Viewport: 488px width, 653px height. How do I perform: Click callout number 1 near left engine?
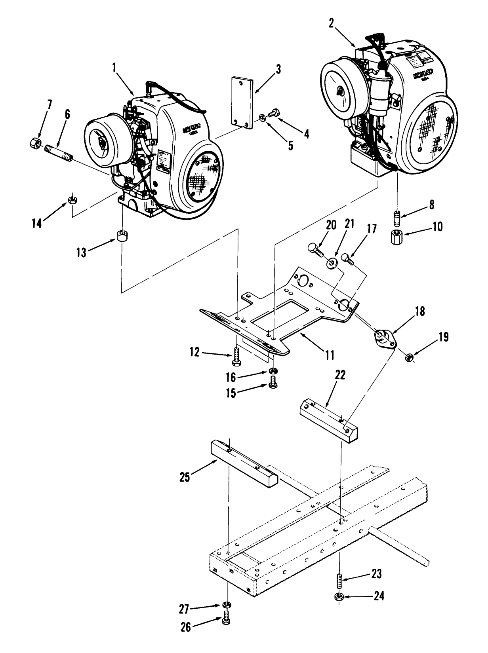114,68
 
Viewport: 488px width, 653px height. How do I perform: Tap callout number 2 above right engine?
331,23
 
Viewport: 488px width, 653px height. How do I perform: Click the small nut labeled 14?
72,200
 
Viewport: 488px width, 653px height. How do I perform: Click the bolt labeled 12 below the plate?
236,353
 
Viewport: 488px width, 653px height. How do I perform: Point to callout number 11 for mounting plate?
330,355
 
